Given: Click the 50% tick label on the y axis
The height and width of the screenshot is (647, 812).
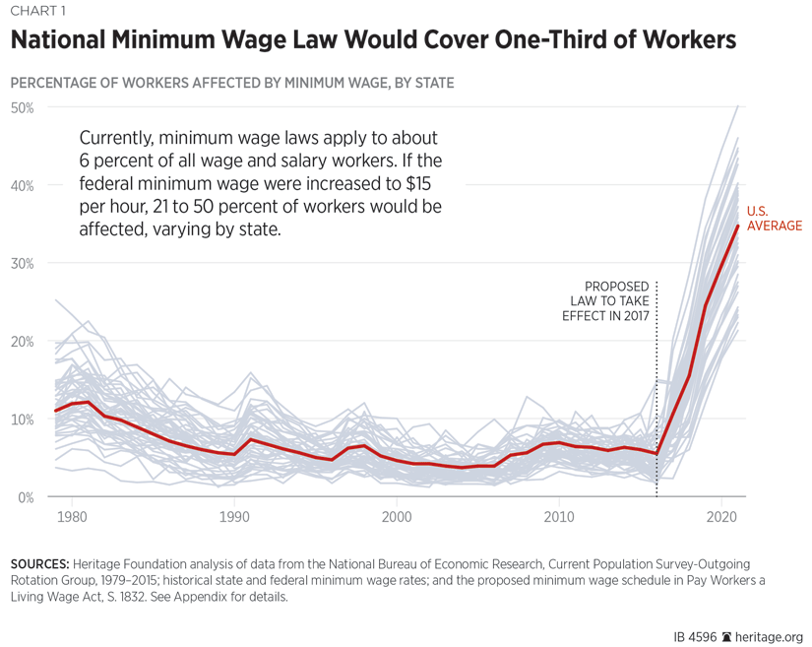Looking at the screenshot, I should coord(22,107).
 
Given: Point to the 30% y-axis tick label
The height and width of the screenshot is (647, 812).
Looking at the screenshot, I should coord(22,263).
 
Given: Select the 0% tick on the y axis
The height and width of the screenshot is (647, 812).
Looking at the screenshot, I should coord(25,496).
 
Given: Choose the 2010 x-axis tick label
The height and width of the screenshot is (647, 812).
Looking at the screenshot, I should coord(559,516).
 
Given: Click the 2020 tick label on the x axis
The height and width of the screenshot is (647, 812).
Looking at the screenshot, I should coord(721,516).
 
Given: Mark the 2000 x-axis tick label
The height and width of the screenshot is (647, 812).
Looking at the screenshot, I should coord(397,516).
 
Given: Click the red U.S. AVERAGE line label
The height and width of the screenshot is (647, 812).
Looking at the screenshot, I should coord(774,219).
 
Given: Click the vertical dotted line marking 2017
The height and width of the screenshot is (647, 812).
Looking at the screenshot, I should coord(656,394).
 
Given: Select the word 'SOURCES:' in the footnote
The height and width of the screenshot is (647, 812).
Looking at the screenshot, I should coord(38,564).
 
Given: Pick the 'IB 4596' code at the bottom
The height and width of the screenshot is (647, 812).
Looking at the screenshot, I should coord(695,635).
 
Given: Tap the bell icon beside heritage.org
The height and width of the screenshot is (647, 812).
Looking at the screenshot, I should coord(727,635).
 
